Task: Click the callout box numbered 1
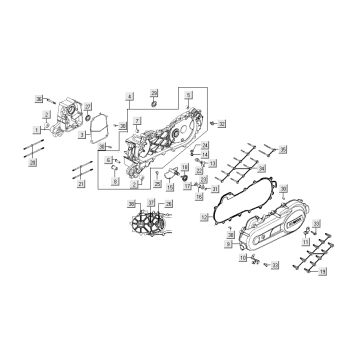(x=36, y=130)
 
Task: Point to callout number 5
(x=187, y=95)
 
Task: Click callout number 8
(x=116, y=184)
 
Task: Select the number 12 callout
(x=204, y=217)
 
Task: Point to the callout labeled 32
(x=223, y=124)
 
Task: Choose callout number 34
(x=205, y=146)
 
